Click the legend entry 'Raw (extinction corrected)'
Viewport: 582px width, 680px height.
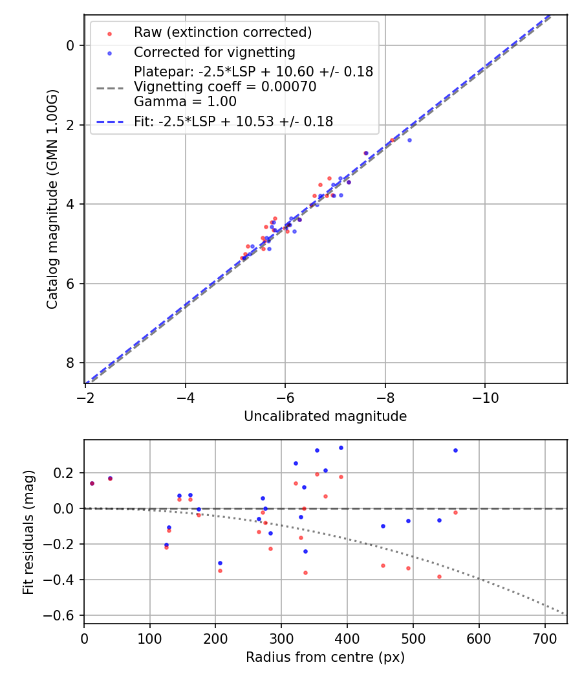click(x=222, y=32)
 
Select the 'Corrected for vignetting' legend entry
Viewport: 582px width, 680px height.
click(x=214, y=52)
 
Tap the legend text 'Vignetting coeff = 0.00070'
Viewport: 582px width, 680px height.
click(x=225, y=87)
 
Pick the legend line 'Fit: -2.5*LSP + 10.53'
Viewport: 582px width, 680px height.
click(x=233, y=121)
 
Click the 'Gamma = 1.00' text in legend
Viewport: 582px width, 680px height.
click(x=185, y=102)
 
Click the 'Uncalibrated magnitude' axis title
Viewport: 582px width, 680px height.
click(x=325, y=416)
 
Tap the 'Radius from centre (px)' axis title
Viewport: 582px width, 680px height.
click(x=325, y=657)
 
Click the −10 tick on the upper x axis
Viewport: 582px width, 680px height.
click(x=485, y=398)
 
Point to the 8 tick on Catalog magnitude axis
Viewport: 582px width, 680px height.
click(x=70, y=363)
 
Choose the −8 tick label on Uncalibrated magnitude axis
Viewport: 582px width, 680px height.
click(x=385, y=398)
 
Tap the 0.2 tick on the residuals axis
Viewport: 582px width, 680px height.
click(x=67, y=473)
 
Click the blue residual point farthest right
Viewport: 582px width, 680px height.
click(x=455, y=450)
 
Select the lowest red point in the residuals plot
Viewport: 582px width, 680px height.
click(x=439, y=576)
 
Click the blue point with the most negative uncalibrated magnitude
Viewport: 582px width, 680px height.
click(x=409, y=140)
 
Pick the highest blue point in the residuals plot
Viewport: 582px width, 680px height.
click(x=341, y=448)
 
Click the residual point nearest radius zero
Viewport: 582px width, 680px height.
click(x=92, y=483)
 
